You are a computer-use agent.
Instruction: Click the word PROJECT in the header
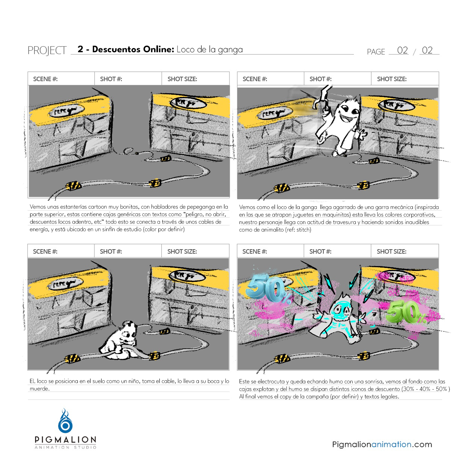[47, 50]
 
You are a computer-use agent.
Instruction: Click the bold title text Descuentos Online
[133, 50]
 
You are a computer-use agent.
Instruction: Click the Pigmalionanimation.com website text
[382, 445]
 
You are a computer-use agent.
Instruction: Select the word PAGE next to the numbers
[376, 52]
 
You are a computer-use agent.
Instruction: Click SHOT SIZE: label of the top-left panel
[182, 79]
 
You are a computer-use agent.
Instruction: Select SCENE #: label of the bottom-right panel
[255, 251]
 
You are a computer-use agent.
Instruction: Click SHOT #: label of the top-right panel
[320, 79]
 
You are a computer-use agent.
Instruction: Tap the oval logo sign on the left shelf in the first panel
[68, 111]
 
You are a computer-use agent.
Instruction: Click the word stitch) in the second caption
[303, 230]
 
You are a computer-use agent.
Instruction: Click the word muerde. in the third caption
[39, 389]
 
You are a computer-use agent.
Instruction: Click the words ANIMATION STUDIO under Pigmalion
[65, 447]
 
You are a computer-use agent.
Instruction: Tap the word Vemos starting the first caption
[37, 207]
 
